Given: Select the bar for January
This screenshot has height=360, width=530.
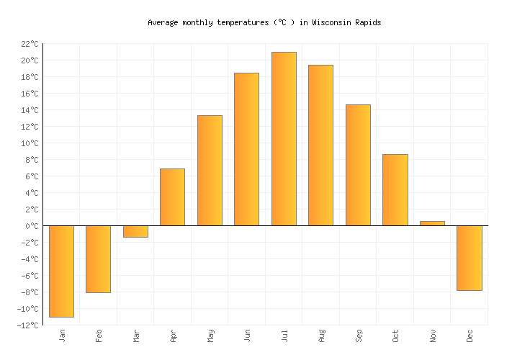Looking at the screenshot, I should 61,271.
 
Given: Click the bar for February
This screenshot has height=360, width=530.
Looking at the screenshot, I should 98,258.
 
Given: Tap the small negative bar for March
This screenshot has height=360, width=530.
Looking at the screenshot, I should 135,231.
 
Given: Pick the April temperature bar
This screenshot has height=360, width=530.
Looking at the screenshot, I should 172,197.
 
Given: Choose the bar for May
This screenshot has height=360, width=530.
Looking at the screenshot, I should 210,170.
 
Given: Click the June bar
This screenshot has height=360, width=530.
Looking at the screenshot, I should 246,149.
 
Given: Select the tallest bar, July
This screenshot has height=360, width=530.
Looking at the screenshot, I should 284,138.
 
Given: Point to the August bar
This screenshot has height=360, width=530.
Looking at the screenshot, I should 320,145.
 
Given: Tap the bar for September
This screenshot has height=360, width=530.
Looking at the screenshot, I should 358,165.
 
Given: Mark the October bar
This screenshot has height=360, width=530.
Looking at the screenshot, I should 395,189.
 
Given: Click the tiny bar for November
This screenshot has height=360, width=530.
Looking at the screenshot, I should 432,223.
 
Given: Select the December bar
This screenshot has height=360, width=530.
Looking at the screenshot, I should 469,258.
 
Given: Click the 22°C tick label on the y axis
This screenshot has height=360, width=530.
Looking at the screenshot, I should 29,44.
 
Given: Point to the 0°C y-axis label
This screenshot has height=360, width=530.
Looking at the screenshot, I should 31,226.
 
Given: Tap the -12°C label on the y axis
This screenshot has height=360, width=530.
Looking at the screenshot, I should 28,325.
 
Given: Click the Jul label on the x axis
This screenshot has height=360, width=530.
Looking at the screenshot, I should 284,336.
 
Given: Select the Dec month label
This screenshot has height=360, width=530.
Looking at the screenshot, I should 470,336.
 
